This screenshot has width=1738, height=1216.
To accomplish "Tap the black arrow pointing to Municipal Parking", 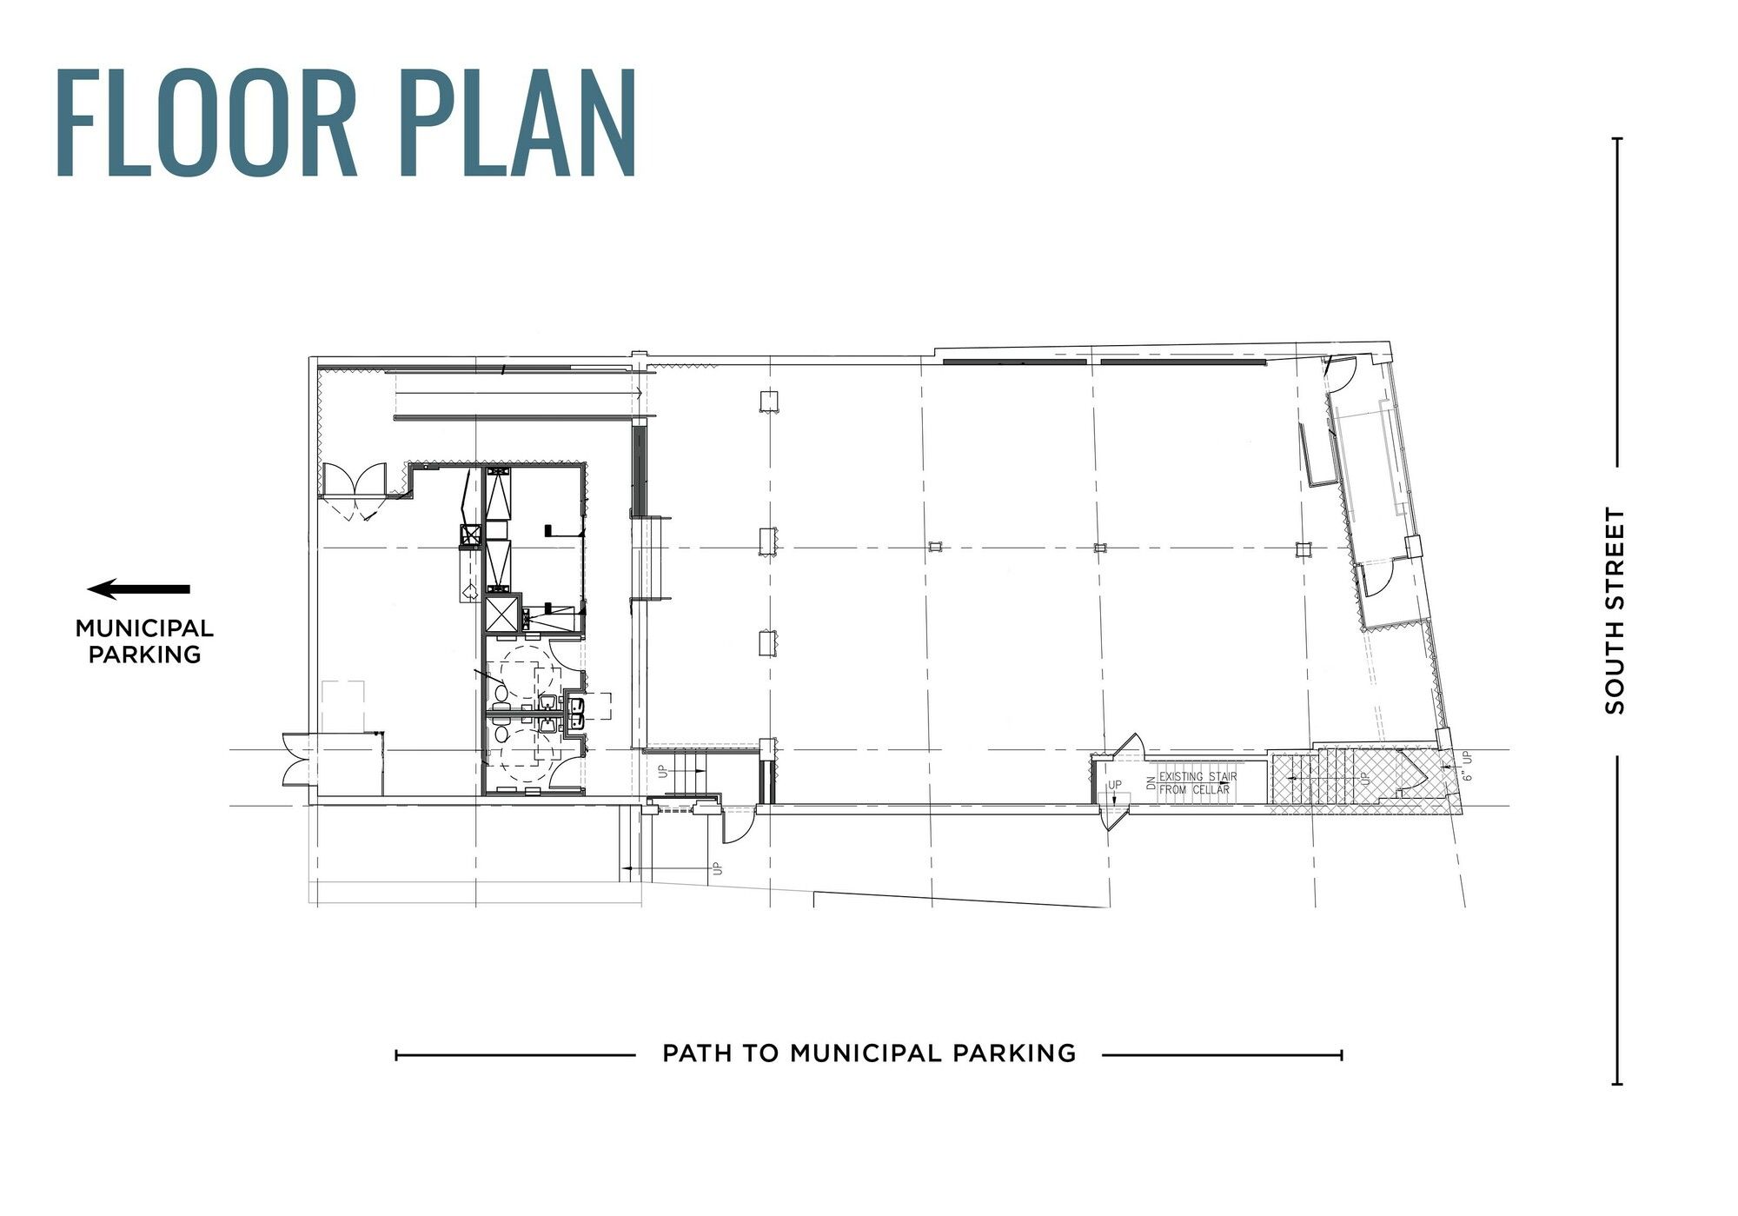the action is click(139, 589).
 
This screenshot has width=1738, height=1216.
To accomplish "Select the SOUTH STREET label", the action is click(1615, 611).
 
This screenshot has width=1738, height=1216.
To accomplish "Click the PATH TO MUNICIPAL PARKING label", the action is click(869, 1053).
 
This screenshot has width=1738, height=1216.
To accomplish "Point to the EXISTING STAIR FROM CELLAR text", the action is click(1197, 782).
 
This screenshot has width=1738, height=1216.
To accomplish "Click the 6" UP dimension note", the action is click(1468, 767).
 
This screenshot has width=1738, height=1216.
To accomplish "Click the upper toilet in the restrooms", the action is click(501, 692).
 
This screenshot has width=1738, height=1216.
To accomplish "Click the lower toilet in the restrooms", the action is click(501, 732).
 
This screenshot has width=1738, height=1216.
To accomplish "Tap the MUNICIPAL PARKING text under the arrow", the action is click(144, 641).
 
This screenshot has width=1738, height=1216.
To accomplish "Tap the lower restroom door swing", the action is click(561, 768).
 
